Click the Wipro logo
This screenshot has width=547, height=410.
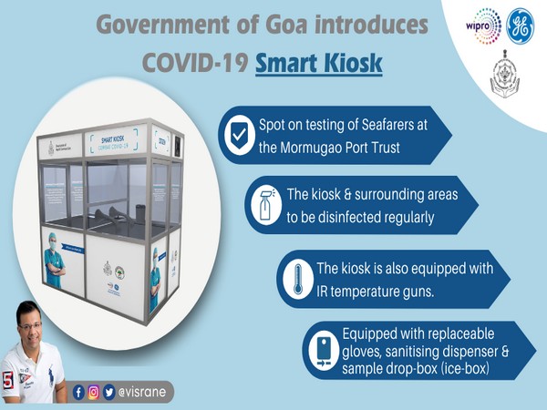[487, 26]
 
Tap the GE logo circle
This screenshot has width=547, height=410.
[522, 25]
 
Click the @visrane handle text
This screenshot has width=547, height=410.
[145, 393]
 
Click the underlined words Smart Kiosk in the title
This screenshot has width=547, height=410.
[318, 65]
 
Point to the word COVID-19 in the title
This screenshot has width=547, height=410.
[192, 65]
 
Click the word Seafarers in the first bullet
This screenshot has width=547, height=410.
[399, 126]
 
